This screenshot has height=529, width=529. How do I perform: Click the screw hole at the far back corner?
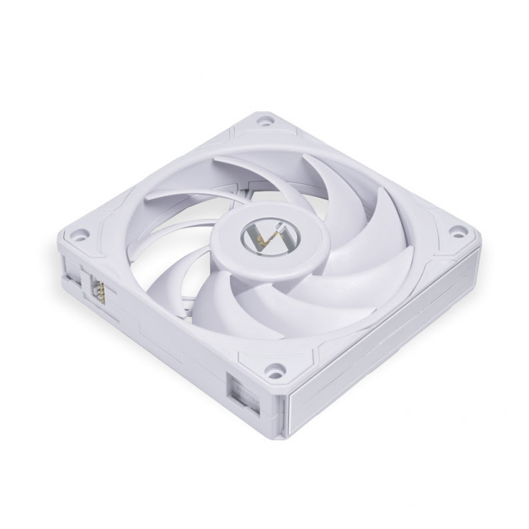pos(262,121)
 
